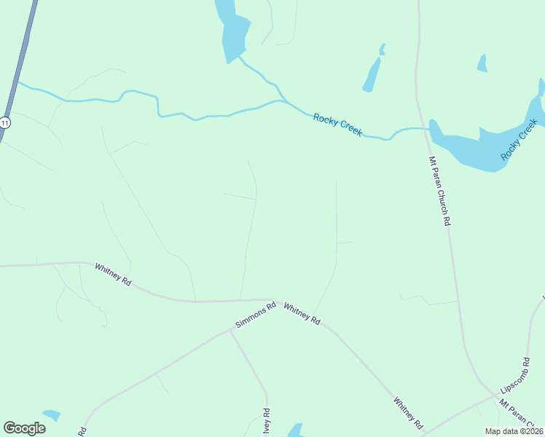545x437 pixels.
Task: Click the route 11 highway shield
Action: tap(5, 123)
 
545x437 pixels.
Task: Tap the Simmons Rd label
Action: tap(256, 315)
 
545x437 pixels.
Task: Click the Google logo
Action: tap(24, 428)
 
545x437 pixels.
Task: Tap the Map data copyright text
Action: tap(514, 431)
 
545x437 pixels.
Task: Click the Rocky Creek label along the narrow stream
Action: tap(337, 125)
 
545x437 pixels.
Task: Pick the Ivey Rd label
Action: tap(267, 423)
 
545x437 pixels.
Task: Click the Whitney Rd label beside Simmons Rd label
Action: tap(302, 313)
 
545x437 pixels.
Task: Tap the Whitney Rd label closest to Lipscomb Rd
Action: tap(408, 412)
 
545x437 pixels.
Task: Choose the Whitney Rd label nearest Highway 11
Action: tap(113, 274)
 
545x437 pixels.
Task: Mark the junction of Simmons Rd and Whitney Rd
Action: tap(274, 300)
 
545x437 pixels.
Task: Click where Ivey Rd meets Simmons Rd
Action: tap(231, 330)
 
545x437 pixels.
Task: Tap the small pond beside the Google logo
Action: tap(52, 415)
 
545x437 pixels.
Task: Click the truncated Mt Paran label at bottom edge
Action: tap(519, 416)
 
